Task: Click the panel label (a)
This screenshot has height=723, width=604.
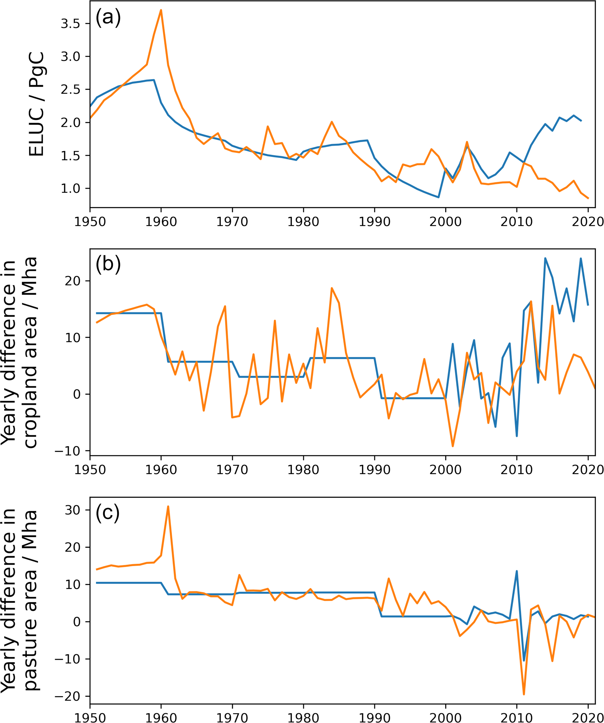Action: click(x=108, y=18)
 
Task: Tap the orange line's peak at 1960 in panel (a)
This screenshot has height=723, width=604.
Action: click(x=161, y=10)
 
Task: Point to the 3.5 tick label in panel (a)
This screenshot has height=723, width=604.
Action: click(x=70, y=24)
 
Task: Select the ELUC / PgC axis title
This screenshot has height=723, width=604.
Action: click(x=37, y=104)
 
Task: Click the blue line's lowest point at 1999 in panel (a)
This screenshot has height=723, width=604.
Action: click(x=438, y=197)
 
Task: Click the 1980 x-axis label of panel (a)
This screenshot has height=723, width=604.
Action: click(x=303, y=222)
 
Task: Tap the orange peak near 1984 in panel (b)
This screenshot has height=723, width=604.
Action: click(x=332, y=288)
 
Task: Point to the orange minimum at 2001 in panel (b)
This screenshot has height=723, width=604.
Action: click(x=453, y=446)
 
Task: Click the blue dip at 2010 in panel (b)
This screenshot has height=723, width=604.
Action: click(x=517, y=436)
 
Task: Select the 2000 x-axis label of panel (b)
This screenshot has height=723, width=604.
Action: click(x=445, y=470)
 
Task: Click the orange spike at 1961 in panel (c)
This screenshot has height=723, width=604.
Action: click(x=168, y=506)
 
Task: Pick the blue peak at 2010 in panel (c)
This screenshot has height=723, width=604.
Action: click(x=517, y=571)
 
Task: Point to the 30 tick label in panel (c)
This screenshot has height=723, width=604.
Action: click(x=72, y=510)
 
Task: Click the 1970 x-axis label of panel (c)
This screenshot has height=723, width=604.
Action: click(x=232, y=717)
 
